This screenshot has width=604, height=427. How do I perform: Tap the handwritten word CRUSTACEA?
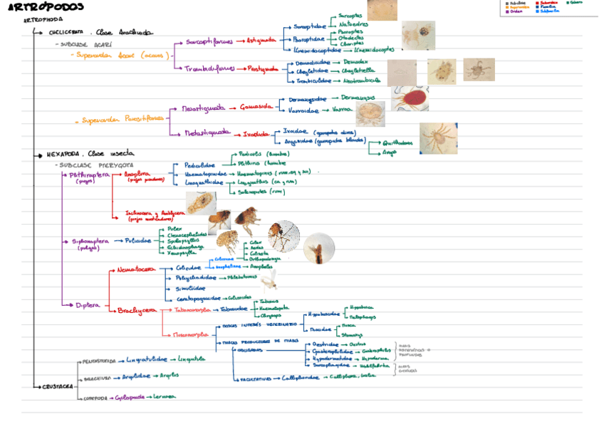[x=58, y=386]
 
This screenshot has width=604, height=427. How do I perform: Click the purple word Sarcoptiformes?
[x=209, y=41]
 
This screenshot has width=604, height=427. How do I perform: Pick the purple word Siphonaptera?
[x=90, y=241]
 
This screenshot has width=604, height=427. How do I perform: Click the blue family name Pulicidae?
[x=140, y=241]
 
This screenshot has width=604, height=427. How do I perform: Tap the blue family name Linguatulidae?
[x=147, y=359]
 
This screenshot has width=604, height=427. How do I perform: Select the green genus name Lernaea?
[x=164, y=398]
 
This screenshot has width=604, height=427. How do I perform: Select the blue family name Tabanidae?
[x=233, y=309]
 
